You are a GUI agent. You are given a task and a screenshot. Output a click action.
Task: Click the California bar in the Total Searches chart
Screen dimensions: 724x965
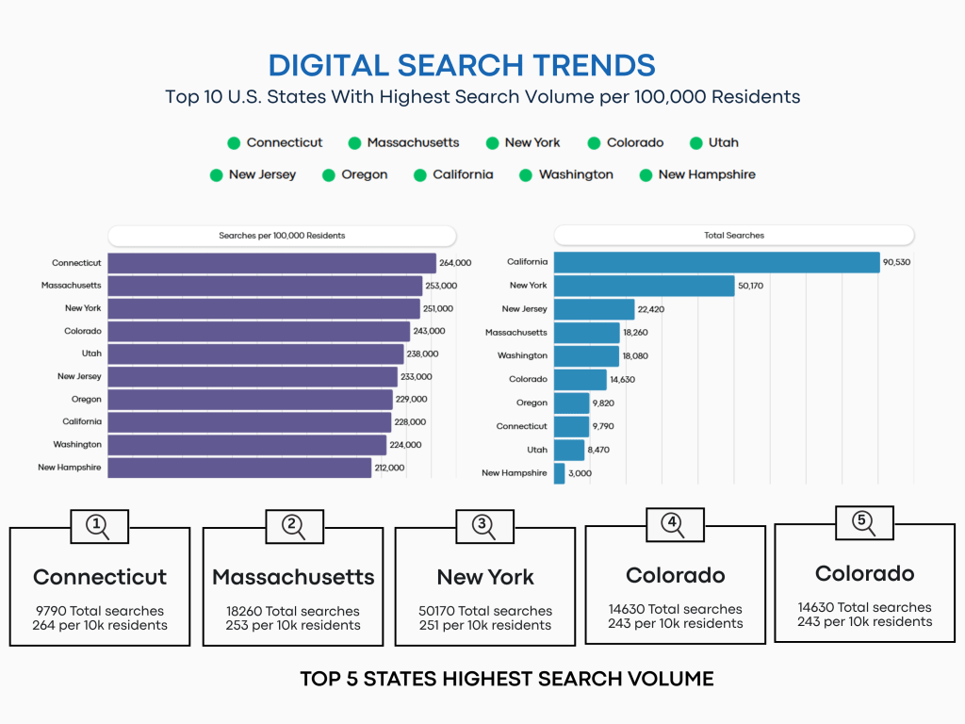click(x=716, y=262)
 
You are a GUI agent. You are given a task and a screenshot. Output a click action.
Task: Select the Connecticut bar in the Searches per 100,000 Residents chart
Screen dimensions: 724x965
click(x=271, y=263)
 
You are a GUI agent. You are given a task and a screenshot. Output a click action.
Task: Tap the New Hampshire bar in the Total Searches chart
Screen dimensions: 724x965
click(x=560, y=473)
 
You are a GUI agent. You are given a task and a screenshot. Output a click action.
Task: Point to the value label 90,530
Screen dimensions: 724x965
click(x=896, y=262)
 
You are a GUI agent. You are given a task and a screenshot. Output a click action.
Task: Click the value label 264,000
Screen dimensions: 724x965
click(x=455, y=263)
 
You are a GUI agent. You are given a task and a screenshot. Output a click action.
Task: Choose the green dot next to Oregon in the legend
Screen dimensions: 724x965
click(x=330, y=175)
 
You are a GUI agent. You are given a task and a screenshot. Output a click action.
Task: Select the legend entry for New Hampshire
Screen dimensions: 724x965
click(x=697, y=174)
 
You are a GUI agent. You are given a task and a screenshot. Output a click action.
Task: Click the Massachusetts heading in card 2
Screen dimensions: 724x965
click(x=293, y=577)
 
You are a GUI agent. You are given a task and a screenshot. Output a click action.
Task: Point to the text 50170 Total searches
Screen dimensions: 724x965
click(x=485, y=611)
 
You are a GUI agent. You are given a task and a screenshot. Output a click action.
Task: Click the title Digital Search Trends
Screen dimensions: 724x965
click(x=462, y=65)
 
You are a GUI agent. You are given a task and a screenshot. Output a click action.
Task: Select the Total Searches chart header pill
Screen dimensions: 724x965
click(x=733, y=235)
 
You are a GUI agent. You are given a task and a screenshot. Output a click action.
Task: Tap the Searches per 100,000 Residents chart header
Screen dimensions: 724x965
click(x=282, y=235)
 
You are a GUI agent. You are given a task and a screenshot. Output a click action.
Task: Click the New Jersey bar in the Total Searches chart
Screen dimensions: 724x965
click(x=594, y=309)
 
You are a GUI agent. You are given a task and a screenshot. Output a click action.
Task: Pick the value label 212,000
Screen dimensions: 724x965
click(x=389, y=468)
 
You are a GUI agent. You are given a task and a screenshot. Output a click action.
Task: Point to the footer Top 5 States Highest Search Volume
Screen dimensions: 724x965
click(x=507, y=679)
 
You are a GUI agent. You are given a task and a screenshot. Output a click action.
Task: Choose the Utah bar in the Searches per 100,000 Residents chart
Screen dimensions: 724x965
click(x=255, y=354)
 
